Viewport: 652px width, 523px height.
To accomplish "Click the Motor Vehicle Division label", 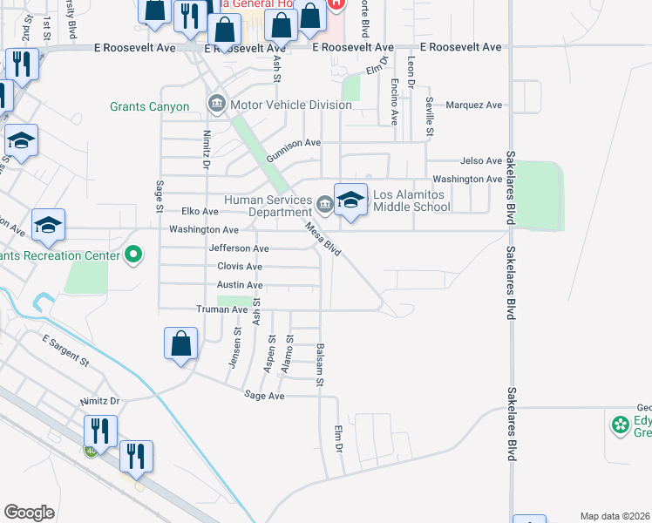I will point(290,105).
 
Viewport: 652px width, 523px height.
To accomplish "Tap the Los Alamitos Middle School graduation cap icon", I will point(350,200).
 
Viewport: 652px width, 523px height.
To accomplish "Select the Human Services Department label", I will point(268,206).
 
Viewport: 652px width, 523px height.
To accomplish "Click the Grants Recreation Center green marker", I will point(133,255).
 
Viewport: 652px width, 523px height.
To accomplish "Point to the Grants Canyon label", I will point(149,106).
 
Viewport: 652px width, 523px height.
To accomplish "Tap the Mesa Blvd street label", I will point(323,238).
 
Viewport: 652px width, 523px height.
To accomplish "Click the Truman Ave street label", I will point(222,309).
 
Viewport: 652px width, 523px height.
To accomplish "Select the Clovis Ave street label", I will point(240,267).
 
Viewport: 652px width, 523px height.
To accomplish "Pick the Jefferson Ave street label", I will point(238,248).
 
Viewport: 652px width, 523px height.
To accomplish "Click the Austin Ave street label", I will point(240,285).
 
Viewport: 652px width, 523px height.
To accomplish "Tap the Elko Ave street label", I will point(200,212).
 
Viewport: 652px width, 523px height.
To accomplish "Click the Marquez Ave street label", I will point(474,105).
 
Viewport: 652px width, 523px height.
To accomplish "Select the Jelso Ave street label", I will point(481,161).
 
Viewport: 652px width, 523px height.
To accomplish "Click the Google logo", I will point(29,513).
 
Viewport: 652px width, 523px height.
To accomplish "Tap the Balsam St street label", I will point(320,365).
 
